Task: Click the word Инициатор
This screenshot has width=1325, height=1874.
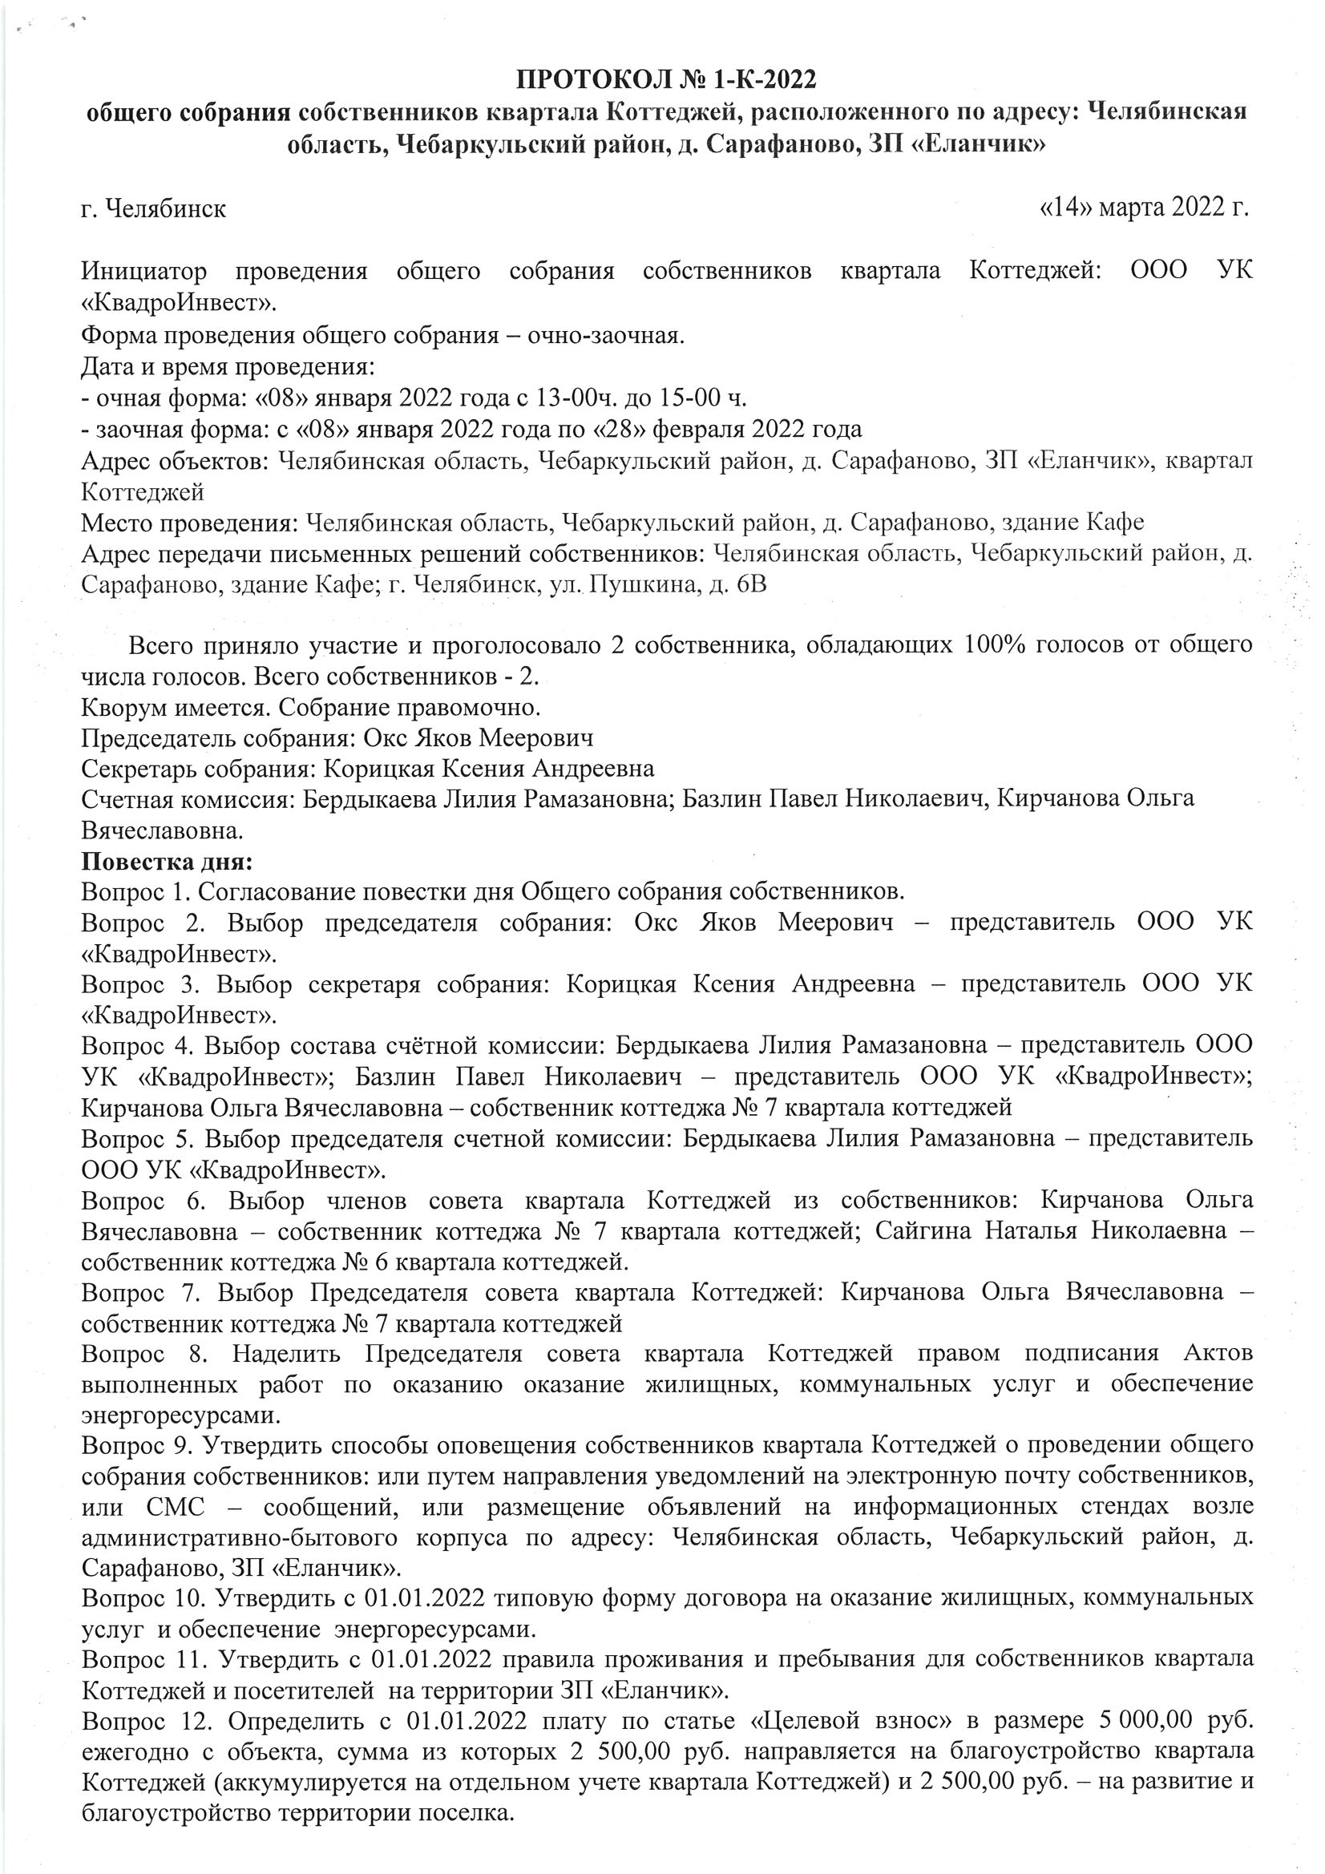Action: click(x=143, y=271)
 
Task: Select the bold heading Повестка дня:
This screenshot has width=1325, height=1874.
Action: click(x=167, y=862)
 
